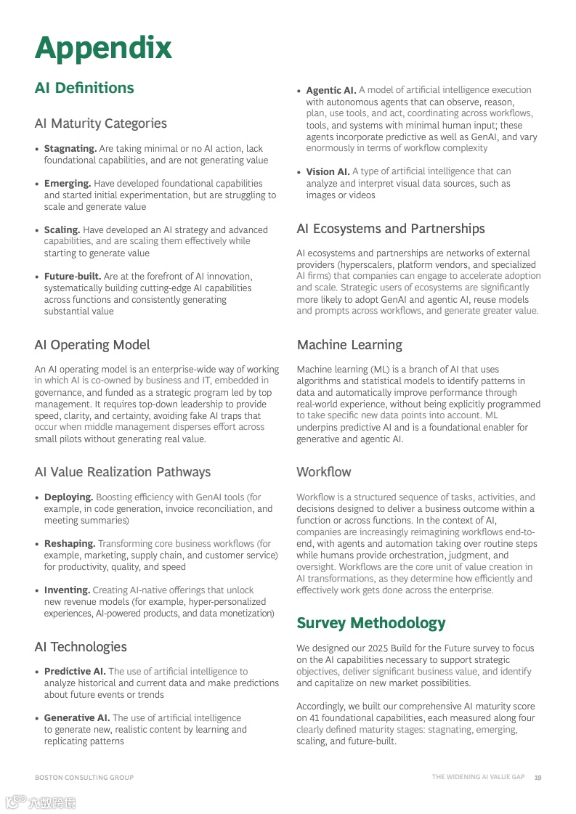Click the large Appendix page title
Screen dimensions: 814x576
(x=103, y=48)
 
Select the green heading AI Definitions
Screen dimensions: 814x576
(x=84, y=88)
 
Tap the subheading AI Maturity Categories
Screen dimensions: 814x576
(x=100, y=123)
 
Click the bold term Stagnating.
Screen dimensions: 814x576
(x=70, y=149)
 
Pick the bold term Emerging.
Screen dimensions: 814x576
(x=67, y=184)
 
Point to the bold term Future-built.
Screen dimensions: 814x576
(x=73, y=277)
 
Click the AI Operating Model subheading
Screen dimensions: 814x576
(x=92, y=345)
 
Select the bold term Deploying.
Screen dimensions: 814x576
(x=68, y=497)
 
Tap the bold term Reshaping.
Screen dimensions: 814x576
(x=69, y=544)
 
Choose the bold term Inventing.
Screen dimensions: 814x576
(x=67, y=590)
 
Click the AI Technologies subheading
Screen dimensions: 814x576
(x=80, y=647)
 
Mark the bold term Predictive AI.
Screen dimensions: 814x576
(x=75, y=672)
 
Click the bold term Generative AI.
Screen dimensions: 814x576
(x=76, y=718)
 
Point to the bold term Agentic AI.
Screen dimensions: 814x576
(x=330, y=91)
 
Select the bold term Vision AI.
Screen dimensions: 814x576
(x=328, y=172)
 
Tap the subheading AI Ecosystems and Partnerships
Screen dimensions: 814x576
(x=390, y=229)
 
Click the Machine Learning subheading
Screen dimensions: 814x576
(x=349, y=345)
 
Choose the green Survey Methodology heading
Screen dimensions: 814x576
(x=370, y=623)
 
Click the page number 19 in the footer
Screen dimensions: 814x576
(x=538, y=778)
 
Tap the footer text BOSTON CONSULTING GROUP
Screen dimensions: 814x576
(x=84, y=778)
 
